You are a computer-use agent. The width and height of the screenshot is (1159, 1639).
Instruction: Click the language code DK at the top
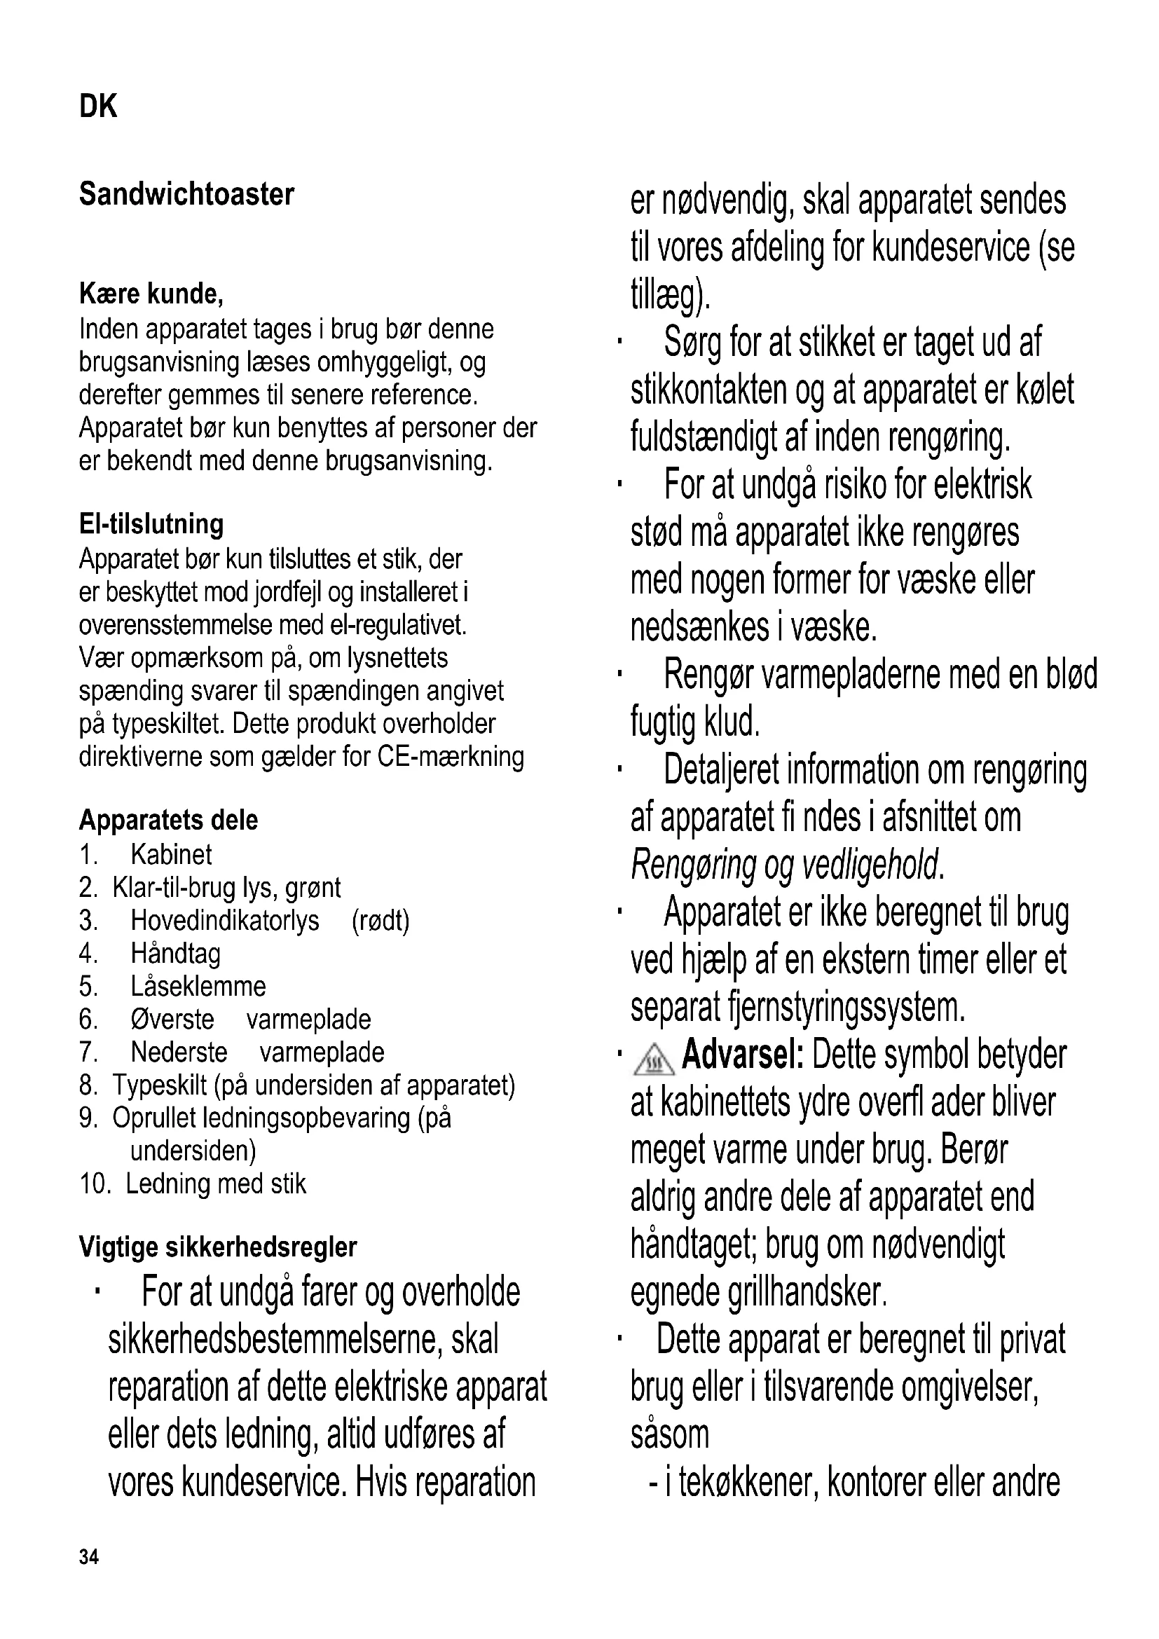[x=98, y=107]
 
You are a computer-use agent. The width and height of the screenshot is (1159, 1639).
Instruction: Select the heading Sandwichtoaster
[x=186, y=194]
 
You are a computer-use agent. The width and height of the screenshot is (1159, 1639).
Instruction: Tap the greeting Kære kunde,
[x=151, y=294]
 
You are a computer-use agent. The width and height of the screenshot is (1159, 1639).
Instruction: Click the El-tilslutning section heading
[x=151, y=524]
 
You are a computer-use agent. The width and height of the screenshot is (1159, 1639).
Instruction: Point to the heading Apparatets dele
[x=168, y=820]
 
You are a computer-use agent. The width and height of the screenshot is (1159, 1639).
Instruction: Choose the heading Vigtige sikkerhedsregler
[x=218, y=1247]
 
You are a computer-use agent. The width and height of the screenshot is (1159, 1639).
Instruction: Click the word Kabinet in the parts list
[x=171, y=854]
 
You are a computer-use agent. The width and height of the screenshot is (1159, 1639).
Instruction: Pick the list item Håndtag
[x=176, y=954]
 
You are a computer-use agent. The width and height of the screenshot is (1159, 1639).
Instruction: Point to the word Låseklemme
[x=198, y=987]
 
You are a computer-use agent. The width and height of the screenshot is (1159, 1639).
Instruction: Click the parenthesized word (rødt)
[x=380, y=921]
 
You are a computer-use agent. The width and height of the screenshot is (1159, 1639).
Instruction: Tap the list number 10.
[x=95, y=1184]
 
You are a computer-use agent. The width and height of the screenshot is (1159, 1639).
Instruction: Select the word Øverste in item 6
[x=172, y=1020]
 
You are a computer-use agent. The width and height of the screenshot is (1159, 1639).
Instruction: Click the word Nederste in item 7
[x=179, y=1052]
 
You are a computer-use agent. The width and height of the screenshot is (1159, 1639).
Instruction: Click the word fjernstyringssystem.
[x=846, y=1007]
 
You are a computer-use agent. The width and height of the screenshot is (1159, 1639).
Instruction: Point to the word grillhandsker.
[x=807, y=1292]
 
